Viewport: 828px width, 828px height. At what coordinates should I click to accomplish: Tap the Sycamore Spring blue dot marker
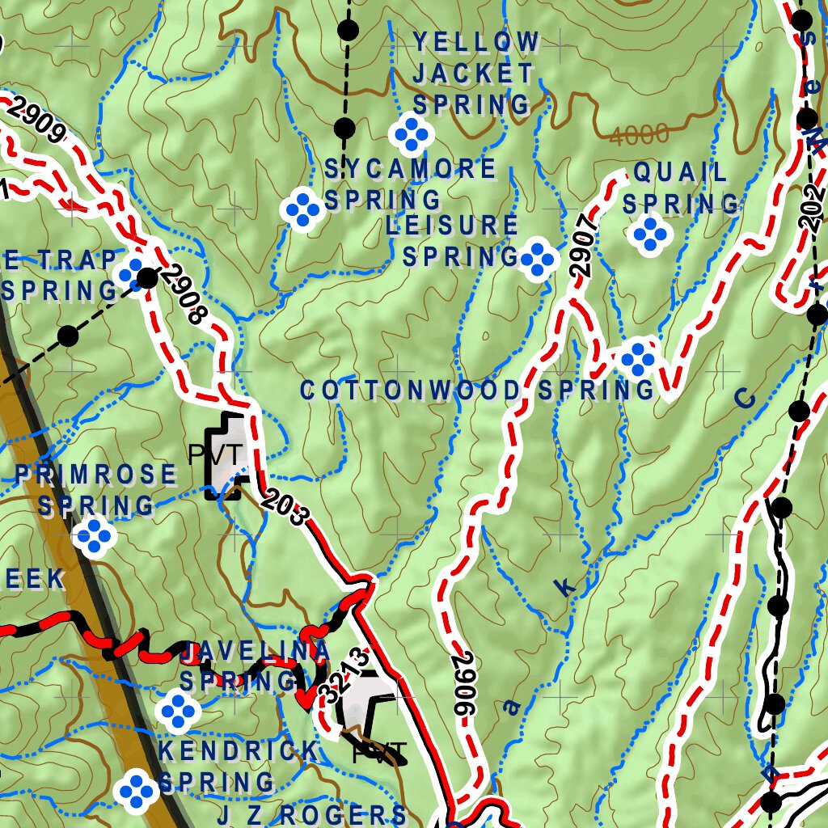(x=304, y=209)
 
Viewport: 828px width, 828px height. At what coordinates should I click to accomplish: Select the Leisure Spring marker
(x=538, y=260)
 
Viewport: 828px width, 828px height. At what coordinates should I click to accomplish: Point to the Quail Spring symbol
(x=650, y=234)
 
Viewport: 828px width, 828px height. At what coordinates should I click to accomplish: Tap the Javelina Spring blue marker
(x=178, y=710)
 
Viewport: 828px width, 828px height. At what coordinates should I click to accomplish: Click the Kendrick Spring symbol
(x=135, y=790)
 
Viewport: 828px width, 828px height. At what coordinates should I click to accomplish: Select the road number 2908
(x=184, y=294)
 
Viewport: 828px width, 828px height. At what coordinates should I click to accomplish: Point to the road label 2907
(x=581, y=245)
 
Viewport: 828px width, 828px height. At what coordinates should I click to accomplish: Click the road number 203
(x=285, y=508)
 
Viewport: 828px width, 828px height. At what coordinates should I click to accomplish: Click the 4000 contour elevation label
(x=639, y=135)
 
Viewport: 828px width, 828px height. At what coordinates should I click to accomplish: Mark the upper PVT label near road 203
(x=214, y=455)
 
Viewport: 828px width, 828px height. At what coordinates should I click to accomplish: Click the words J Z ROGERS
(x=311, y=814)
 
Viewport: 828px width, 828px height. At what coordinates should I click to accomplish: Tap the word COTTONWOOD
(x=411, y=391)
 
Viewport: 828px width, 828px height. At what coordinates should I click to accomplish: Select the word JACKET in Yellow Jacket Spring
(x=473, y=74)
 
